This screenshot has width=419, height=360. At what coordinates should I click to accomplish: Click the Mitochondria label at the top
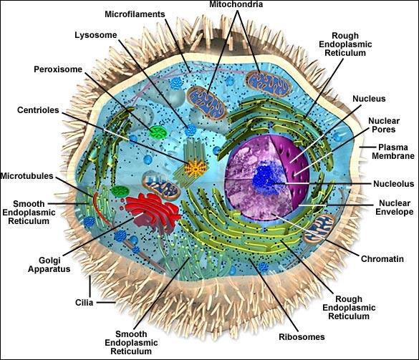coord(236,4)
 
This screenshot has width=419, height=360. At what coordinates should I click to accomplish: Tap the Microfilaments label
coord(135,14)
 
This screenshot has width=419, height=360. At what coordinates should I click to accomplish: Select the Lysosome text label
coord(96,35)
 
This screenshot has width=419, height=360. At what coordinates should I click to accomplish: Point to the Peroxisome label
coord(58,69)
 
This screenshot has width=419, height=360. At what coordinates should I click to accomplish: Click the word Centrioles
coord(38,110)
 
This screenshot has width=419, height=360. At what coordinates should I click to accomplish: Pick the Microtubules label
coord(27,176)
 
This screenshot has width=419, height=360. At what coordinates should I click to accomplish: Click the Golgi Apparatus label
coord(49,265)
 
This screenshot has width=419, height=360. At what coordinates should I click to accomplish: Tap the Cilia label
coord(85,303)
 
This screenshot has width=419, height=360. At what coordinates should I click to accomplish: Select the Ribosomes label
coord(302,337)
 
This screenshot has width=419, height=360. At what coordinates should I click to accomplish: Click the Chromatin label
coord(382,259)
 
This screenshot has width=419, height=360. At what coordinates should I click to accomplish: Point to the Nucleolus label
coord(394,184)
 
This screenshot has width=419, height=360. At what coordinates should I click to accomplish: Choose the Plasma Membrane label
coord(393,152)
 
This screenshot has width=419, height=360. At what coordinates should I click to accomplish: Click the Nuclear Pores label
coord(384,125)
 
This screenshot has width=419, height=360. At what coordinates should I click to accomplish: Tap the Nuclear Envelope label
coord(395,208)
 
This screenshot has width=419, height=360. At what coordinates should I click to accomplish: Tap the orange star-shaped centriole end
coord(196,168)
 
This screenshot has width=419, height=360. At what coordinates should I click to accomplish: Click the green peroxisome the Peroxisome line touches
coord(158,132)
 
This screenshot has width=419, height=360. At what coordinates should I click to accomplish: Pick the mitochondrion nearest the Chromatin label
coord(319,228)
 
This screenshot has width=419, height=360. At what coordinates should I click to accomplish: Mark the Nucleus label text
coord(369,99)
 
